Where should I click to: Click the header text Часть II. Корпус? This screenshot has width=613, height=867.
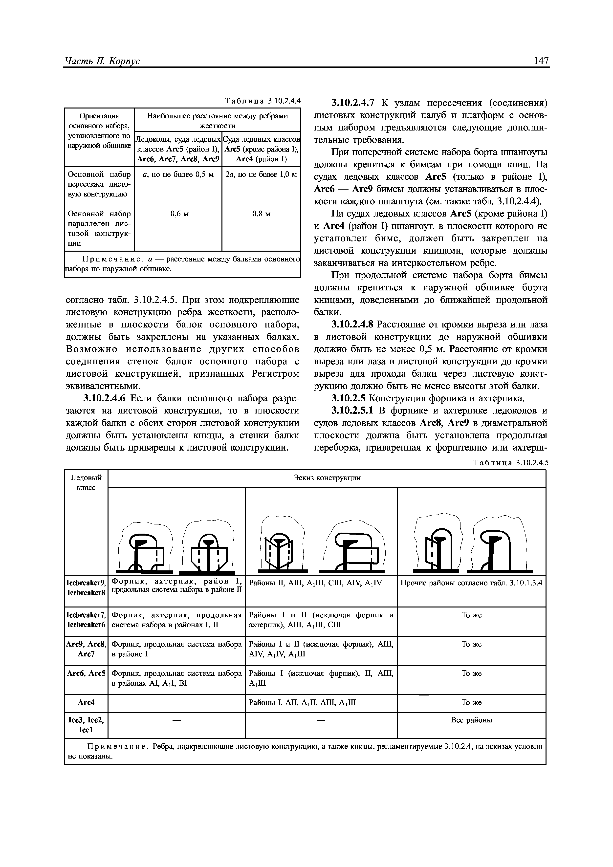coord(102,61)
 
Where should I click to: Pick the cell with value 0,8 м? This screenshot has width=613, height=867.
coord(261,214)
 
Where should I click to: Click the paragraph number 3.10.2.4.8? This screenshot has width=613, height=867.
coord(352,324)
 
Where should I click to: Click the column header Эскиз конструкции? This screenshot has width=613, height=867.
coord(327,478)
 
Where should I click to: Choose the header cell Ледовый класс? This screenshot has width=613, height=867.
coord(86,483)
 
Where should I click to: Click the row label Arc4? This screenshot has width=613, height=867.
coord(86,703)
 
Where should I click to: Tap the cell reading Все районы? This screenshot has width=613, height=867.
coord(471,720)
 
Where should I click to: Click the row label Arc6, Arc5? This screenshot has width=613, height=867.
coord(86,673)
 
